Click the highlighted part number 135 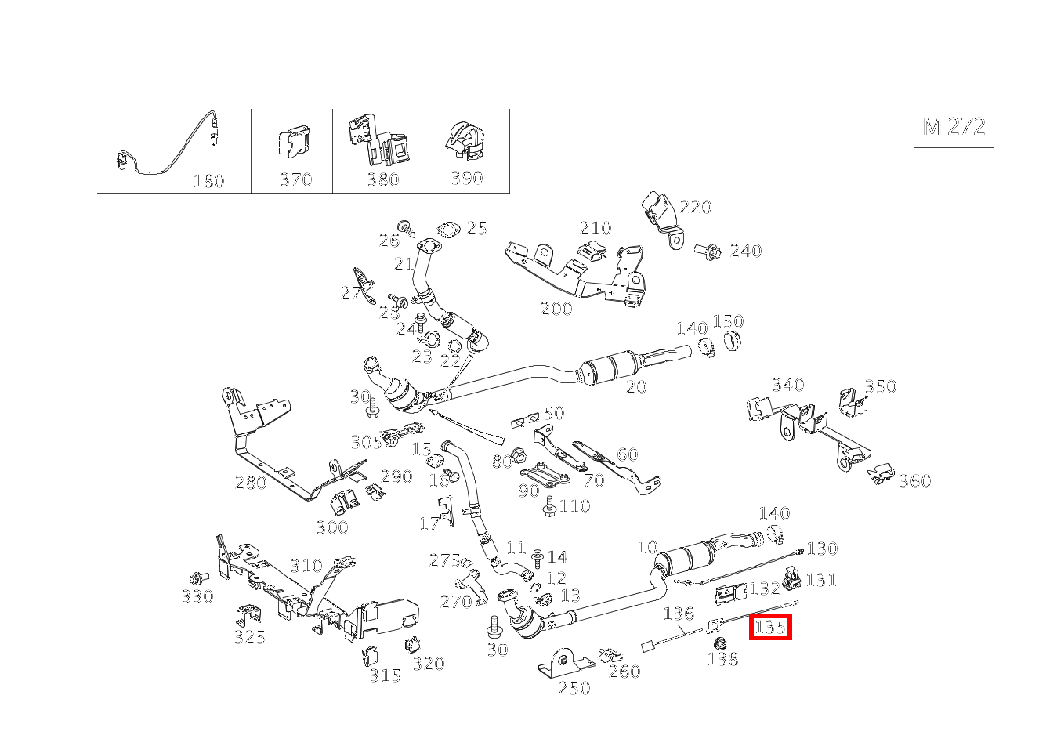click(770, 628)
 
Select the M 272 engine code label click(954, 127)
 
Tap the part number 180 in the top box click(208, 181)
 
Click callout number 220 click(696, 207)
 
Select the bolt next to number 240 click(708, 252)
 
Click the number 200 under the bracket click(556, 309)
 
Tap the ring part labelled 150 click(731, 342)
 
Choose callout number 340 click(787, 385)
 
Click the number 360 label click(914, 481)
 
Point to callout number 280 click(251, 483)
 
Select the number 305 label click(366, 442)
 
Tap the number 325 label click(249, 637)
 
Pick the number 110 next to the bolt click(574, 506)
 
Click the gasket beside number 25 click(447, 230)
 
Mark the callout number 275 click(444, 560)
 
